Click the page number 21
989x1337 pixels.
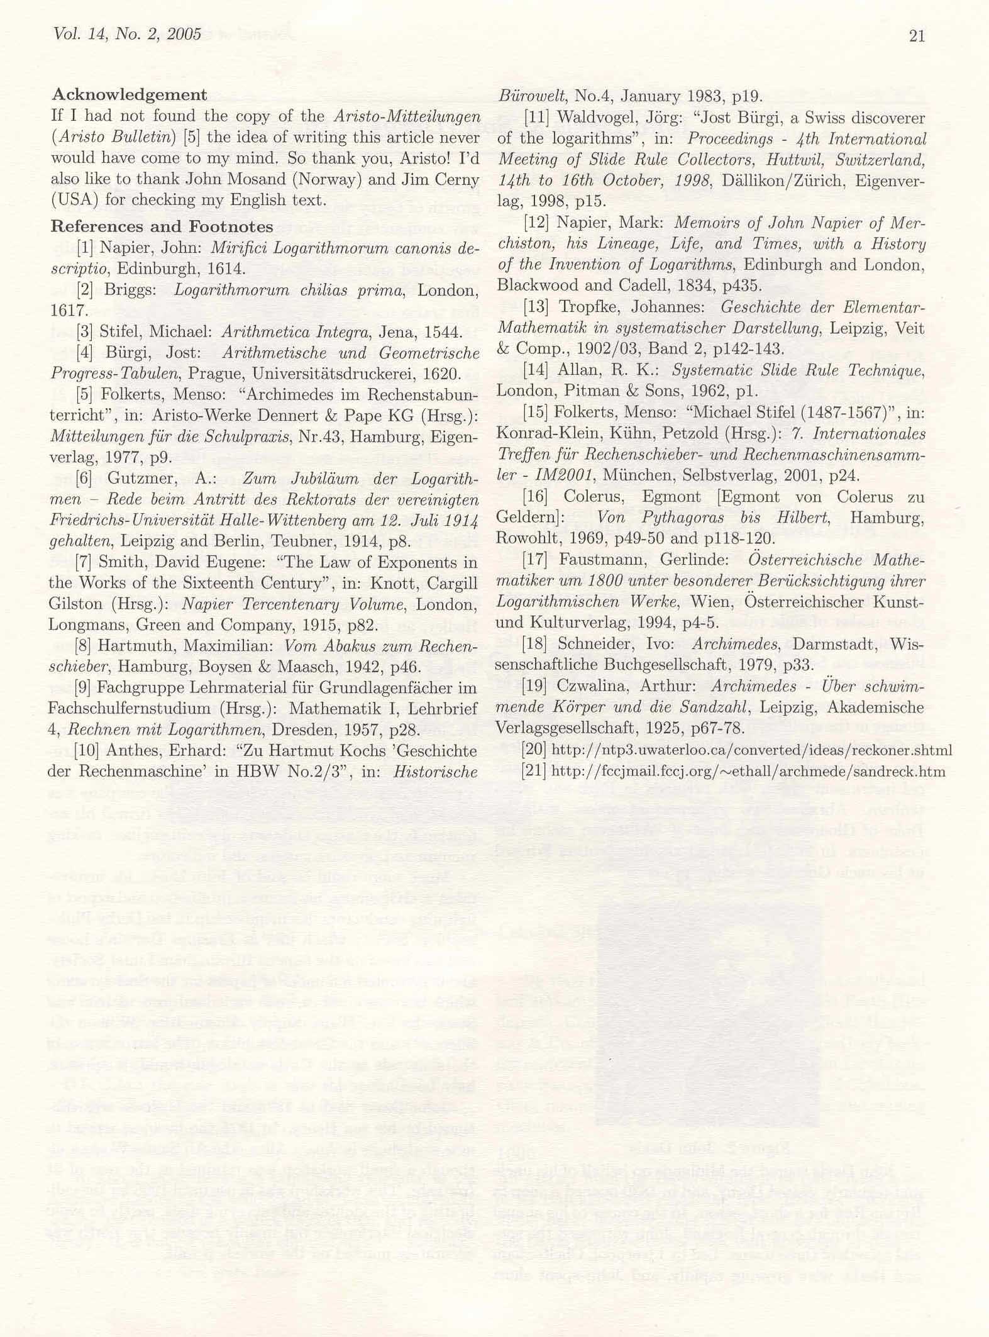point(916,36)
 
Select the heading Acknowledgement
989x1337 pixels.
point(129,95)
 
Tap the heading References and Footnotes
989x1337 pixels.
point(162,226)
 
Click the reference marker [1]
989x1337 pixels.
point(85,248)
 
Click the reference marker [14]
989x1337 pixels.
point(536,370)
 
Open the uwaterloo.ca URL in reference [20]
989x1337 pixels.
point(751,750)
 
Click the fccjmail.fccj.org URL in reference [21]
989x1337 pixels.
point(748,771)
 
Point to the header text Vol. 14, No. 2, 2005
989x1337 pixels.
point(128,34)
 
